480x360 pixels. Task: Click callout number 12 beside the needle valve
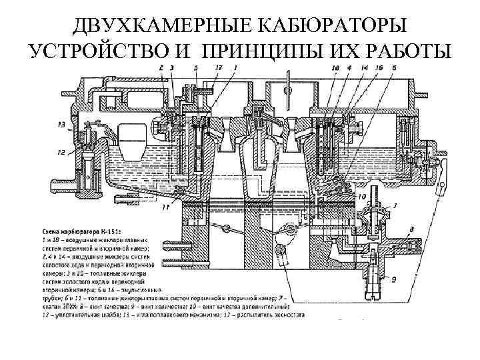click(x=61, y=153)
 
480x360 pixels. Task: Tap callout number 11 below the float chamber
click(x=165, y=207)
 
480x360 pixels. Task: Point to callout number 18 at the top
click(x=335, y=69)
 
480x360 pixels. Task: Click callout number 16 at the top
click(x=379, y=69)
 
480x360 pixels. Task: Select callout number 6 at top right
click(x=395, y=69)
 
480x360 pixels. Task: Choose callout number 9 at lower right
click(x=394, y=280)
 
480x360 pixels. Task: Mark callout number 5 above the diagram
click(x=195, y=69)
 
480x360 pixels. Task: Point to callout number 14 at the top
click(x=364, y=69)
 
